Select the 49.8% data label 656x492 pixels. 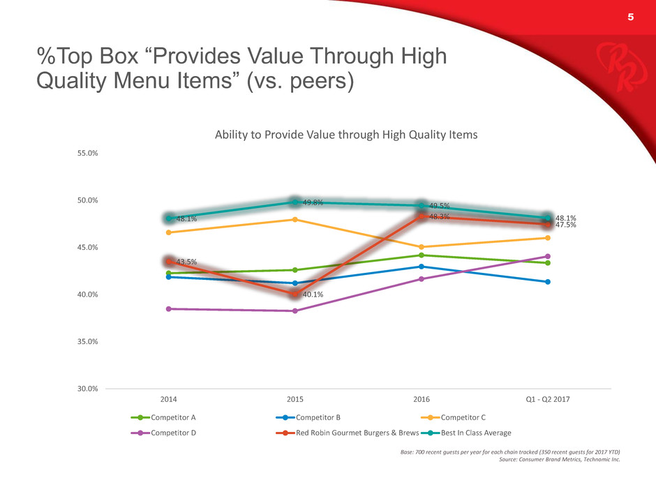coord(312,203)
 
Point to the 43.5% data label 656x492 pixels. coord(186,262)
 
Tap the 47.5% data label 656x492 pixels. coord(565,225)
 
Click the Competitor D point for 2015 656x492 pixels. coord(295,311)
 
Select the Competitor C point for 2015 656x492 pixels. coord(295,219)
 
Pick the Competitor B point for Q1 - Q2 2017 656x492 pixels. coord(548,282)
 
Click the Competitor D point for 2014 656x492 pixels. coord(169,309)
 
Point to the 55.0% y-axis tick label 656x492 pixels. coord(86,154)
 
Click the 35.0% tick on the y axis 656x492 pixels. coord(86,342)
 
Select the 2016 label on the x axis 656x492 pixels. coord(422,400)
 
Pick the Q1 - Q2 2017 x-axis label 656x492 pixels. coord(548,400)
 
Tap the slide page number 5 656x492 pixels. coord(630,19)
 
